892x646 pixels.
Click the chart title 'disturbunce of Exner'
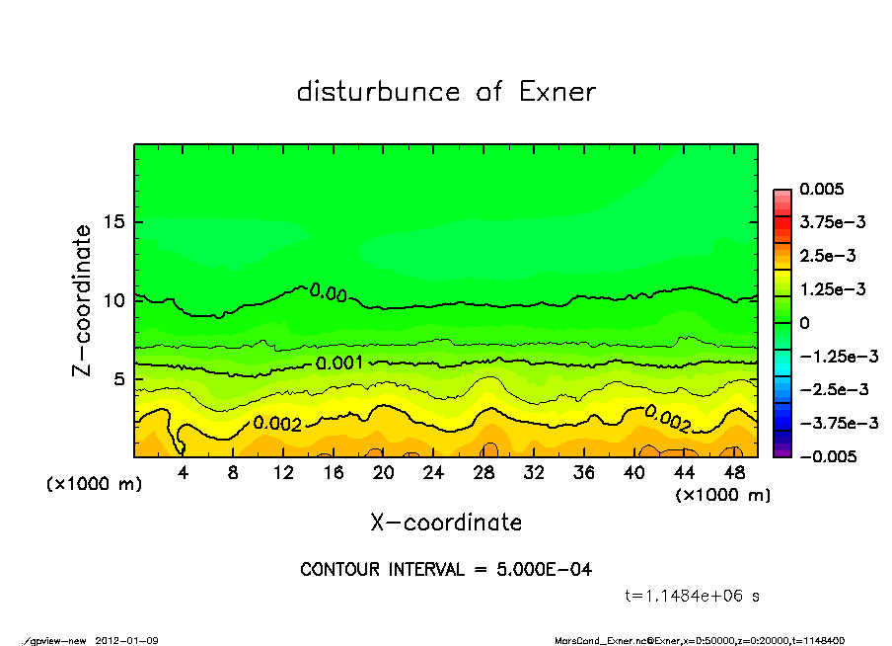click(x=446, y=92)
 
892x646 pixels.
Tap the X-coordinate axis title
click(x=446, y=522)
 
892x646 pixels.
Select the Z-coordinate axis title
click(x=83, y=299)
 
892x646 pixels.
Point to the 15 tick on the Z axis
click(x=115, y=221)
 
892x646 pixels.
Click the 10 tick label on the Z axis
click(x=115, y=300)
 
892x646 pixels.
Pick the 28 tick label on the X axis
click(x=483, y=472)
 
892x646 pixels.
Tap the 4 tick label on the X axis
click(x=184, y=472)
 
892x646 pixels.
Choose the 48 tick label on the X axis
click(x=733, y=472)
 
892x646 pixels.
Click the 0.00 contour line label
click(x=328, y=292)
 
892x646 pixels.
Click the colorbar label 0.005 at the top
click(x=822, y=189)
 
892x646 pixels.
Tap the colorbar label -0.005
click(x=825, y=456)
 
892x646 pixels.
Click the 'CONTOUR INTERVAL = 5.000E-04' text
click(x=446, y=570)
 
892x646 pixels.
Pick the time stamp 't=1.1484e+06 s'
click(x=693, y=596)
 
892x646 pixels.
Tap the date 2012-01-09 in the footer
click(x=127, y=640)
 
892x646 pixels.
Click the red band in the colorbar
click(x=781, y=227)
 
